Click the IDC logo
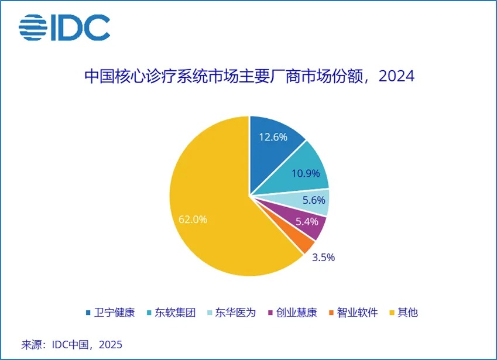(64, 28)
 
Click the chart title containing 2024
(249, 77)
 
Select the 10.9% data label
(305, 174)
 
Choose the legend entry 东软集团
(170, 312)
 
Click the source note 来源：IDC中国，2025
(72, 344)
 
